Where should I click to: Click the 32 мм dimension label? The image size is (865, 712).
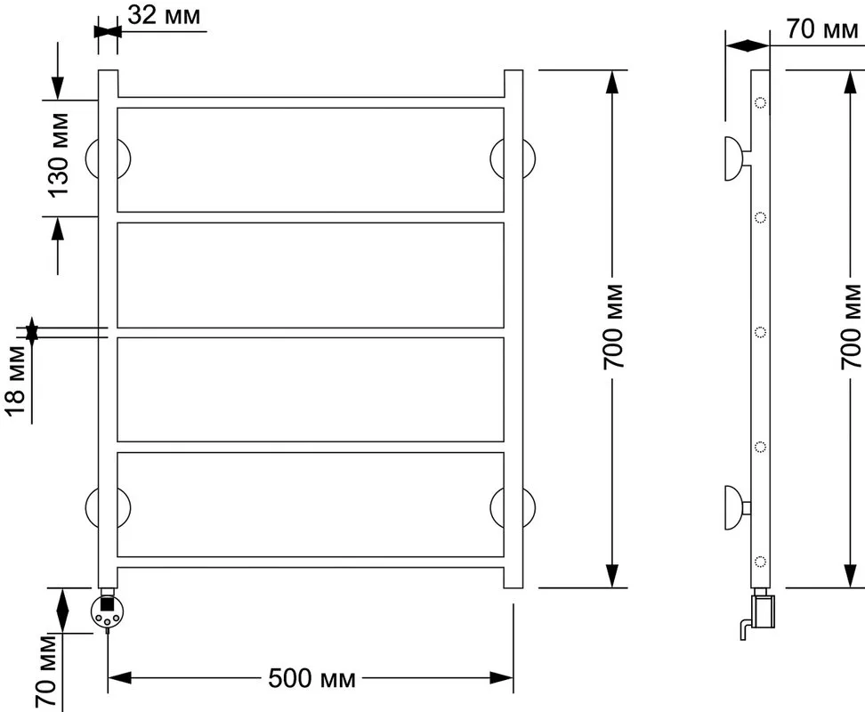164,15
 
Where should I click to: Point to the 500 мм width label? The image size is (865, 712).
311,678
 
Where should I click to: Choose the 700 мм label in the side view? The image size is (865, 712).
852,327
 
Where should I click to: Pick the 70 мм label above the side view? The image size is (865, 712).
822,28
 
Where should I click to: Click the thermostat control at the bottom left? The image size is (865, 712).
108,611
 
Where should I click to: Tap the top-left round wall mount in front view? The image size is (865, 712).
109,158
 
